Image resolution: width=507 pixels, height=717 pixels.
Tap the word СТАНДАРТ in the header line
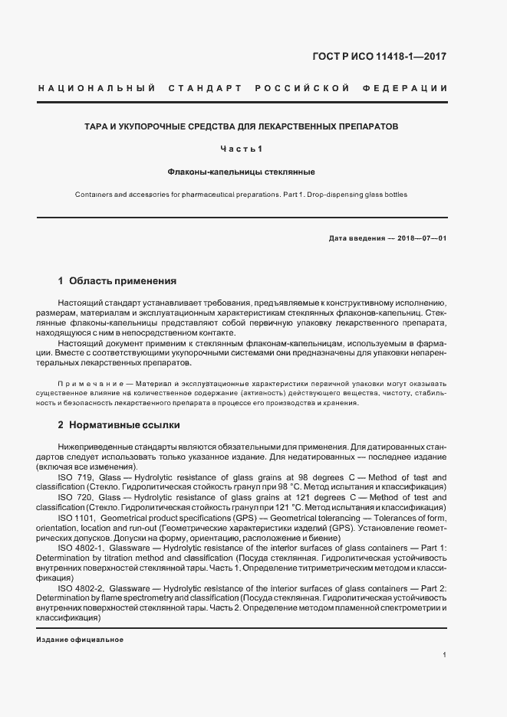(x=199, y=88)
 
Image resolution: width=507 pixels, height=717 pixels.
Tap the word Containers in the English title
(x=94, y=195)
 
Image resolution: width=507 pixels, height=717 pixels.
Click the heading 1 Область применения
(x=117, y=281)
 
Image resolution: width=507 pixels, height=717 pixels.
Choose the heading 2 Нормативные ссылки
(x=119, y=424)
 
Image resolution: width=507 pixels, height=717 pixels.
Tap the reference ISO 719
(x=74, y=476)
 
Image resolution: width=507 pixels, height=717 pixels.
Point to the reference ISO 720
(x=74, y=497)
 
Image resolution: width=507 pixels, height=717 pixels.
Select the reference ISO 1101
(x=76, y=519)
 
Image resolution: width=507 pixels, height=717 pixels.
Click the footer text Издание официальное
(x=80, y=640)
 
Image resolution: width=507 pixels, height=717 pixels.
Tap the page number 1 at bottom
(x=445, y=655)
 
